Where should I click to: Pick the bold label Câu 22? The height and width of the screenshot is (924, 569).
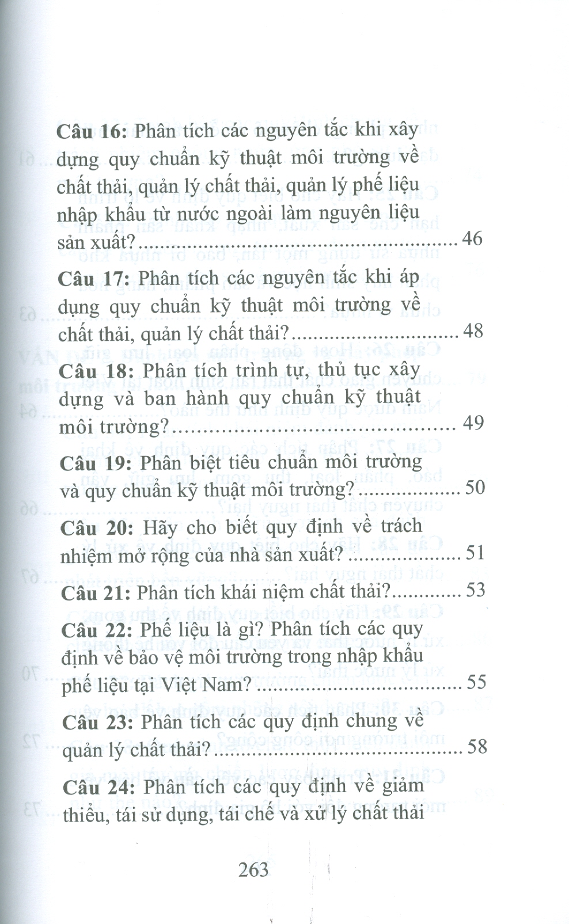pos(97,630)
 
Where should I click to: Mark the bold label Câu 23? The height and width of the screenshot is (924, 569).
pos(98,723)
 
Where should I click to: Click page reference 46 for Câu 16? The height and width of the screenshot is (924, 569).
pos(472,238)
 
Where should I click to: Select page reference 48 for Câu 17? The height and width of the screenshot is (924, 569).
pos(473,330)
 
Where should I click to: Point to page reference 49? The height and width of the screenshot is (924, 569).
pos(473,423)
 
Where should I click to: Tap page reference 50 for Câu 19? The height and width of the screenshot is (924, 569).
pos(475,488)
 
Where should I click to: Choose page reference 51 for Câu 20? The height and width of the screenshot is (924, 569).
pos(475,553)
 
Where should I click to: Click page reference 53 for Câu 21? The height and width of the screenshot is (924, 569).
pos(476,590)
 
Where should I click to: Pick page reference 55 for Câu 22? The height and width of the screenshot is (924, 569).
pos(476,682)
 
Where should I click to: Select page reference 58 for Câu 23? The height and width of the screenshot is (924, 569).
pos(477,747)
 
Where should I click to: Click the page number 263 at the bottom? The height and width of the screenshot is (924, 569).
pos(253,869)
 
